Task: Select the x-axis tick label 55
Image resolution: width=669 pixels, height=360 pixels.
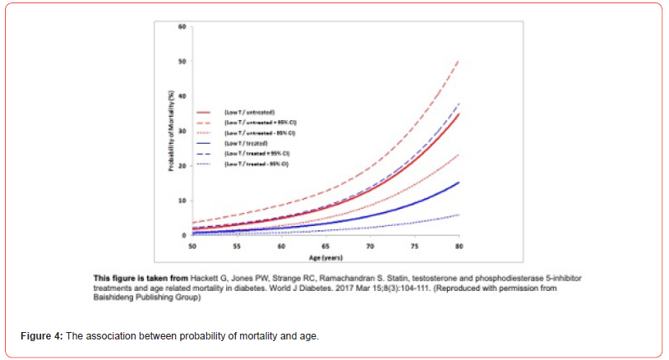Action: tap(237, 245)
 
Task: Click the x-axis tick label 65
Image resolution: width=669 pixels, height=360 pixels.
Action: tap(325, 245)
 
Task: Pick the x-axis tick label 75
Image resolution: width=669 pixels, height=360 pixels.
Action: tap(414, 245)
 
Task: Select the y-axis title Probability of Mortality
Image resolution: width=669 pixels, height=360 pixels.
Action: tap(169, 132)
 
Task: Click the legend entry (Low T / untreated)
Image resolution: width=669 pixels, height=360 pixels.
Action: tap(247, 111)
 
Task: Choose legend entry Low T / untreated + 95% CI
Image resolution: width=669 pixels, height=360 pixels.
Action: tap(256, 122)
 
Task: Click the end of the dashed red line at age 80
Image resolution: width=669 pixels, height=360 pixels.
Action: tap(458, 61)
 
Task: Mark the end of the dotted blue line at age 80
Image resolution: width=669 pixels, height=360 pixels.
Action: tap(458, 215)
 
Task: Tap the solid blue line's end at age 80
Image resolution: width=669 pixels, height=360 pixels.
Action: tap(458, 182)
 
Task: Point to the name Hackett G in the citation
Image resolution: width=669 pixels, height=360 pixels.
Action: tap(207, 276)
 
